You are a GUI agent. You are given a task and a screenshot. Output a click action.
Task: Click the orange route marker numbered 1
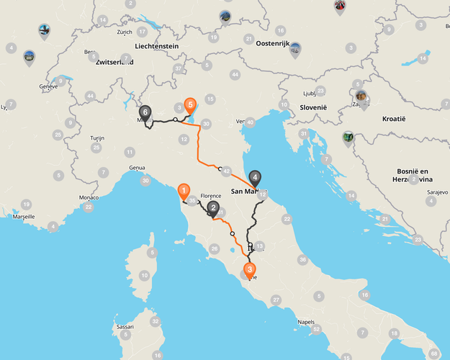click(184, 192)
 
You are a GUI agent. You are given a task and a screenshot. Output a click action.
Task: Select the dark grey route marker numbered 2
click(213, 209)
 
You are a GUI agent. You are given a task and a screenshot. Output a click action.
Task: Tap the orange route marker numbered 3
click(250, 271)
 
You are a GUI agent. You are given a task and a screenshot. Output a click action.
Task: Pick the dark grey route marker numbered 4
click(254, 178)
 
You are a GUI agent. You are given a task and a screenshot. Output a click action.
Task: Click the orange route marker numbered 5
click(190, 105)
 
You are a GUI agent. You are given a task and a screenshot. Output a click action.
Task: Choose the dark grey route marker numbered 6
click(145, 113)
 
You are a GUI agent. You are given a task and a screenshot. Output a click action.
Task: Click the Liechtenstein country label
click(150, 46)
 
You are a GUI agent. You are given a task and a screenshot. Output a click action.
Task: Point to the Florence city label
click(210, 195)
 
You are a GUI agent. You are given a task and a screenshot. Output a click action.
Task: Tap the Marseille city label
click(23, 215)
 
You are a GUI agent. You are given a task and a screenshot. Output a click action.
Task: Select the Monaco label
click(89, 197)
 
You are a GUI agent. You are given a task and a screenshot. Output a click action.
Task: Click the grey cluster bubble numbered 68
click(433, 354)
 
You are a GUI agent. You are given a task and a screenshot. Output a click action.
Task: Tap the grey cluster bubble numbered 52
click(316, 329)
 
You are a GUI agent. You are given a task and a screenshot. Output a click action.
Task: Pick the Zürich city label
click(125, 32)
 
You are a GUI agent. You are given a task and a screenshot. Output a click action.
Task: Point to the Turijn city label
click(97, 138)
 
